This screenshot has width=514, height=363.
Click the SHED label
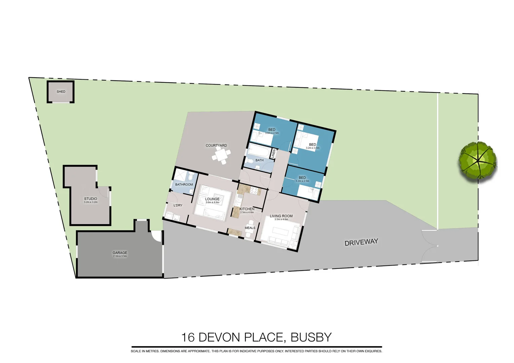coord(61,91)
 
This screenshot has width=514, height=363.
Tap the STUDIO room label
coord(90,199)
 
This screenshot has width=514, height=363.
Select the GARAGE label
coord(120,253)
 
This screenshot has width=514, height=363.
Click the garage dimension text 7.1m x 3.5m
coord(120,256)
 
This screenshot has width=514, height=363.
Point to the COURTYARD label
coord(216,146)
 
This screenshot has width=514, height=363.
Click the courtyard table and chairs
coord(221,156)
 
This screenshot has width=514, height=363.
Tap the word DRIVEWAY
coord(361,242)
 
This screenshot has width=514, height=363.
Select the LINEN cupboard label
coord(273,154)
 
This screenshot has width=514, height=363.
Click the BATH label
coord(259,160)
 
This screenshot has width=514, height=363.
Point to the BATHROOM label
coord(184,185)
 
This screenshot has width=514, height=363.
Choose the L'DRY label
coord(178,205)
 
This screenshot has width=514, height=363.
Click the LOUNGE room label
coord(212,199)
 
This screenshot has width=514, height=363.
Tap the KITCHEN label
coord(247,209)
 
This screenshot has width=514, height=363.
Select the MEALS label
coord(250,228)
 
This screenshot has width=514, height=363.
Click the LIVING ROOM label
coord(281,216)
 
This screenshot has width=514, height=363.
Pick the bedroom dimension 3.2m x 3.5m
coord(313,148)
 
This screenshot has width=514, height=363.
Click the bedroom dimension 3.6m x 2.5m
coord(272,133)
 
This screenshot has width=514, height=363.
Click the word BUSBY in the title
coord(311,337)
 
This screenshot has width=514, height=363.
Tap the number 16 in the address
coord(188,337)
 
